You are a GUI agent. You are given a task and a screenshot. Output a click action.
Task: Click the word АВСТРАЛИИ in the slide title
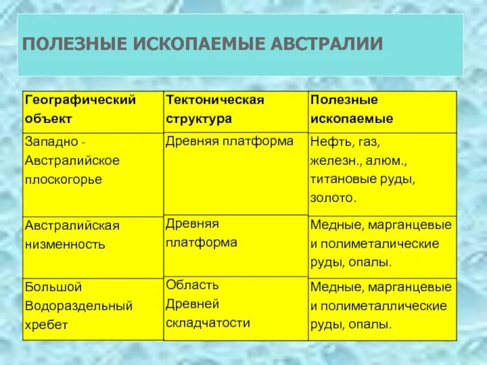pyautogui.click(x=323, y=44)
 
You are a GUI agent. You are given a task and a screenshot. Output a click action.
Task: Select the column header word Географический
pyautogui.click(x=80, y=100)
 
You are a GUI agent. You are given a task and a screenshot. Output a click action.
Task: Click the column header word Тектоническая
pyautogui.click(x=215, y=100)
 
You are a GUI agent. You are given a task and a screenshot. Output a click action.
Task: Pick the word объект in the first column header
pyautogui.click(x=48, y=118)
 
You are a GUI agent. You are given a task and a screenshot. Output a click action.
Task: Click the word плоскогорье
pyautogui.click(x=63, y=179)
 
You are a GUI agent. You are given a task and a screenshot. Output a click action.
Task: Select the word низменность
pyautogui.click(x=65, y=245)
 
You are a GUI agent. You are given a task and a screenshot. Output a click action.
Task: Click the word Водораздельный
pyautogui.click(x=79, y=305)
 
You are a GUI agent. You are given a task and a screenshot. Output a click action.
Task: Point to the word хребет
pyautogui.click(x=46, y=325)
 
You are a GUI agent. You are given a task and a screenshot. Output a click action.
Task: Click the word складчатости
pyautogui.click(x=208, y=322)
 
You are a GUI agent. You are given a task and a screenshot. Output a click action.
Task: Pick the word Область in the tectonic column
pyautogui.click(x=192, y=285)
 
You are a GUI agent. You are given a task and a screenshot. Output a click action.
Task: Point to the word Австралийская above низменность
pyautogui.click(x=72, y=226)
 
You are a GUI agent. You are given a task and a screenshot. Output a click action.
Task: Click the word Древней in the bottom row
pyautogui.click(x=192, y=304)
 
